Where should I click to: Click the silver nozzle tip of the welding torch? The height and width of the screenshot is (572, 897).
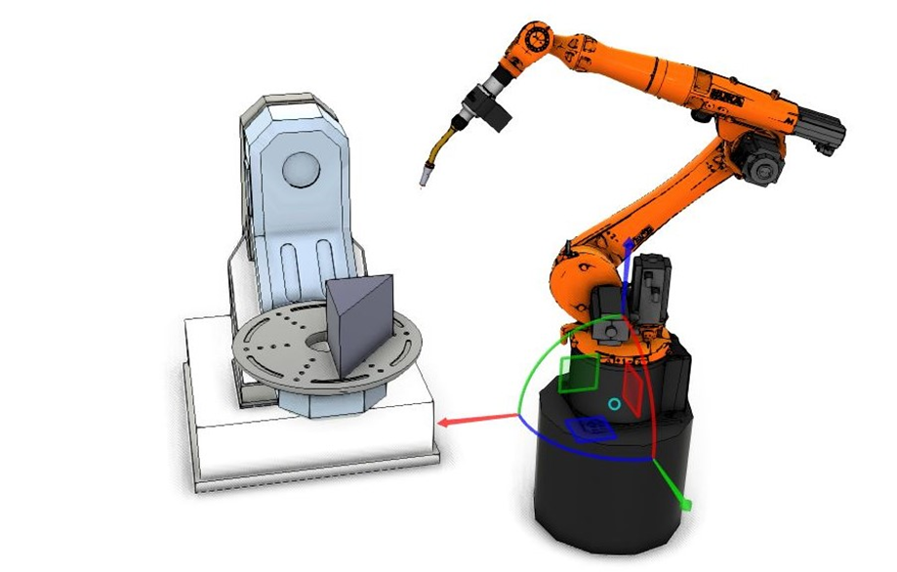[427, 178]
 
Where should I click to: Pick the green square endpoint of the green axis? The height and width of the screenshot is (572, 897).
[685, 505]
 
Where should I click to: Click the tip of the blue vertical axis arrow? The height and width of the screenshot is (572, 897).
[630, 243]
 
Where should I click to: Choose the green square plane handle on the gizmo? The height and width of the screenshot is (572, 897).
[578, 373]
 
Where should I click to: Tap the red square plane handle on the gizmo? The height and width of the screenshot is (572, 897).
[633, 388]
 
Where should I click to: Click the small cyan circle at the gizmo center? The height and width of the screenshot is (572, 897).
[614, 404]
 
